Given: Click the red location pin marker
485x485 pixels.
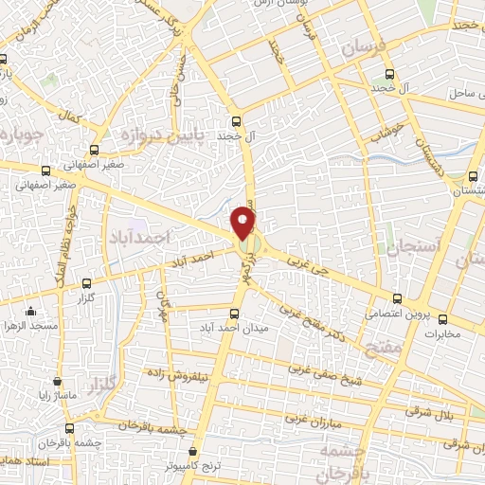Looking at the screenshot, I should pos(244,223).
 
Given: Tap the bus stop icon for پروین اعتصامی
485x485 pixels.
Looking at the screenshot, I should pos(397,296).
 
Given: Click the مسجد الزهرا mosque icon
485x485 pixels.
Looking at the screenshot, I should pos(30,311).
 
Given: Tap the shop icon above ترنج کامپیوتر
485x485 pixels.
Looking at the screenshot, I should pos(193,452).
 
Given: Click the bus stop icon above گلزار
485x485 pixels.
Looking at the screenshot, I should pos(87,282).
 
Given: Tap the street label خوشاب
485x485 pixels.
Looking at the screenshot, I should pos(389,127).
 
